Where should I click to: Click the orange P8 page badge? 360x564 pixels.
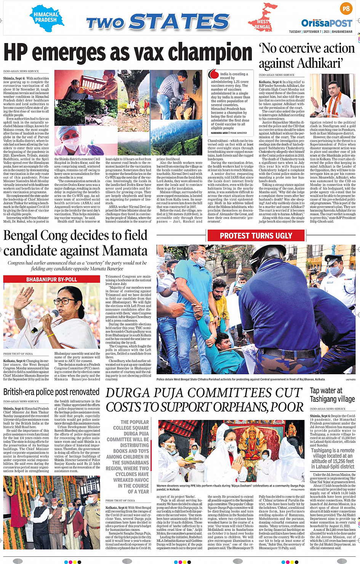coord(346,9)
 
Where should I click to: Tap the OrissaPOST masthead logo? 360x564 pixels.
coord(326,23)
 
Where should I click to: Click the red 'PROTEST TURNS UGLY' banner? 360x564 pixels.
coord(256,236)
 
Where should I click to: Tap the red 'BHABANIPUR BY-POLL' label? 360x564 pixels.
coord(52,279)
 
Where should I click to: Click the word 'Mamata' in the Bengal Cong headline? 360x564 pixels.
coord(125,251)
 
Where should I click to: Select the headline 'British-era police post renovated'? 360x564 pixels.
coord(51,392)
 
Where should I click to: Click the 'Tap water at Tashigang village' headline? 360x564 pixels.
coord(332,395)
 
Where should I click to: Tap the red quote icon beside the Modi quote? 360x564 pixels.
coord(214,74)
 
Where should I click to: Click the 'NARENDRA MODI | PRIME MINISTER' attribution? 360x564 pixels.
coord(229,133)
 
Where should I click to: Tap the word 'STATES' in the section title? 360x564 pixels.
coord(179,22)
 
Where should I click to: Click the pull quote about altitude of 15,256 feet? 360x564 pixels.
coord(333,458)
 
